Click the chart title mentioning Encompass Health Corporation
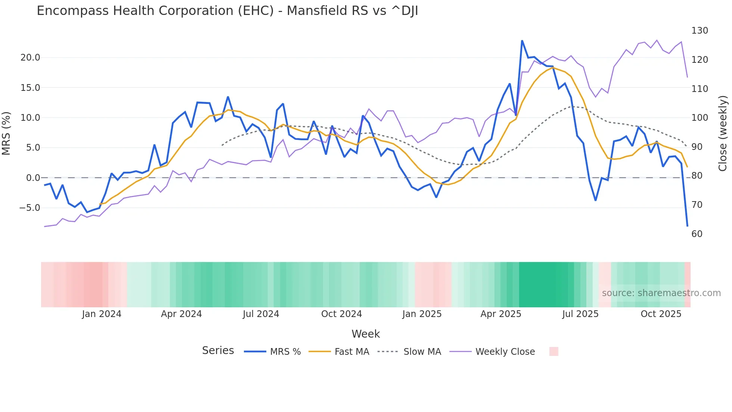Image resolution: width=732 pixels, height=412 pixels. pyautogui.click(x=227, y=11)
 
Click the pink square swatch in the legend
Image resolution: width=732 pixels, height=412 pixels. pyautogui.click(x=553, y=351)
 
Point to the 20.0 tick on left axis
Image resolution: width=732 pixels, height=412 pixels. pyautogui.click(x=30, y=58)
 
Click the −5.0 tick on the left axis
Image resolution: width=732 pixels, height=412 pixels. pyautogui.click(x=30, y=208)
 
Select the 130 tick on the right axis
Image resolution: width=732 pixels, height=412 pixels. pyautogui.click(x=700, y=31)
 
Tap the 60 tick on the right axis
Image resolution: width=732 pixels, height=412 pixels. pyautogui.click(x=697, y=234)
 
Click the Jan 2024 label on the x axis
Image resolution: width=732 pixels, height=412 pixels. pyautogui.click(x=102, y=314)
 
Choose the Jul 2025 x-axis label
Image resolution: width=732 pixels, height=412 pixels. pyautogui.click(x=580, y=314)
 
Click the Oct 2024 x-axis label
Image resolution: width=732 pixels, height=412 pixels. pyautogui.click(x=341, y=314)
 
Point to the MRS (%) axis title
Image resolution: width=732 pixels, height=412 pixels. pyautogui.click(x=6, y=133)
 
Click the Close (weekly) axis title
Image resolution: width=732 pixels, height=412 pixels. pyautogui.click(x=723, y=133)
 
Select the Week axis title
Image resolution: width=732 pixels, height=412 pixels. pyautogui.click(x=366, y=334)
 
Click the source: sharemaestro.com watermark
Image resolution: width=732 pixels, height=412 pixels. pyautogui.click(x=661, y=293)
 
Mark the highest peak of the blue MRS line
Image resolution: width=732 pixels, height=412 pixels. pyautogui.click(x=522, y=41)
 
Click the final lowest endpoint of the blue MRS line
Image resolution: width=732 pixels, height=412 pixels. pyautogui.click(x=687, y=226)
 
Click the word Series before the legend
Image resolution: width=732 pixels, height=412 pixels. pyautogui.click(x=218, y=351)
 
